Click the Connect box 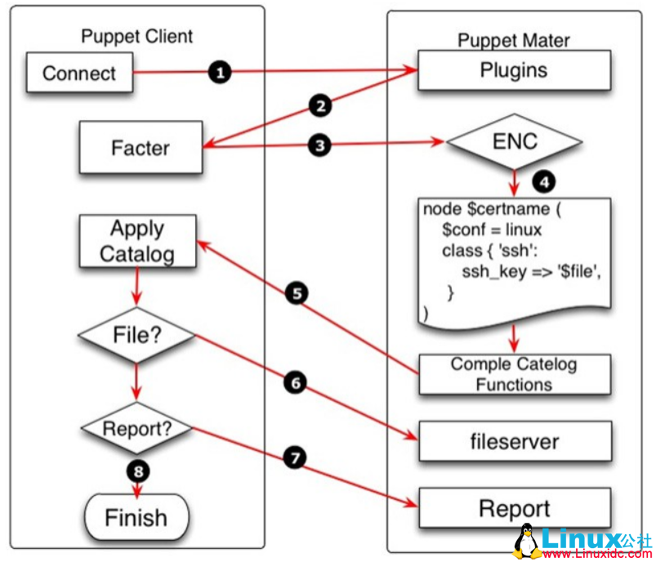79,73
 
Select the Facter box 141,149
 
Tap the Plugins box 514,70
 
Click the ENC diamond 515,141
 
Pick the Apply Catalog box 137,241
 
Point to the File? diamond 137,335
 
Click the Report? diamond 137,427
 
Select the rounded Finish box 136,517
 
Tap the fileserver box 515,442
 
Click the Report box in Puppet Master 515,509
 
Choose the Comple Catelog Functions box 515,374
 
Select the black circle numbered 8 137,471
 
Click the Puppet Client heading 137,36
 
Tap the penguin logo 529,540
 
